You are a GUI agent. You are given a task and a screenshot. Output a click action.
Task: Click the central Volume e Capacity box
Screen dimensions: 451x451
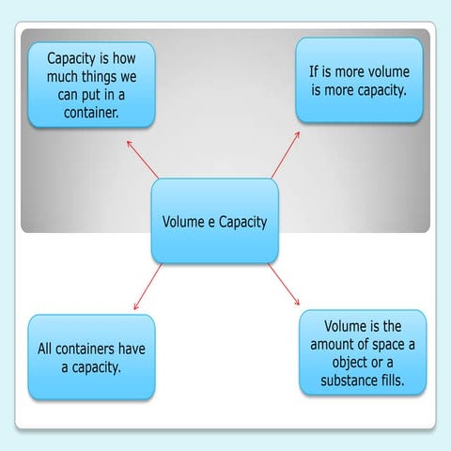click(214, 223)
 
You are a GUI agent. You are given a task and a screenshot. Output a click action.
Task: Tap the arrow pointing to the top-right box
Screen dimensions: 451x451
click(285, 154)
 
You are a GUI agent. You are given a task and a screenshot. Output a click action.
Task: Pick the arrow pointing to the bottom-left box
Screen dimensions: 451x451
click(148, 287)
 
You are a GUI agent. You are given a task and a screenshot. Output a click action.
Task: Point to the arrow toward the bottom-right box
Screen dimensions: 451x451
click(284, 285)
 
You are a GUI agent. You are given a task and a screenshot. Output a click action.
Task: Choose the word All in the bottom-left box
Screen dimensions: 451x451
click(47, 350)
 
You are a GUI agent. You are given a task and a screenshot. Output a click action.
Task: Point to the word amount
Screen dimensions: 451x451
click(334, 345)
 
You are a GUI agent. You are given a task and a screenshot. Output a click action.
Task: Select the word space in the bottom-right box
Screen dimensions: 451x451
click(385, 345)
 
